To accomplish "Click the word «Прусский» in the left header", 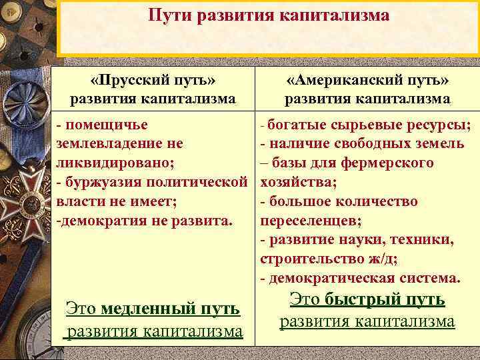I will tap(131, 81).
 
